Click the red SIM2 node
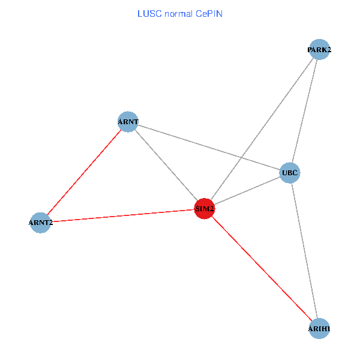(205, 209)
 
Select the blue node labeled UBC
(289, 173)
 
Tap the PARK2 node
(319, 50)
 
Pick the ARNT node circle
(128, 122)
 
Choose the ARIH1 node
(319, 329)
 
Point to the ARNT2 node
(40, 223)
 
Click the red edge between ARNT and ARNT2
(84, 172)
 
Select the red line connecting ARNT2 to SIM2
(120, 216)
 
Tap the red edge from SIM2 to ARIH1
(262, 269)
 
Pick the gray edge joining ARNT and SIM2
(166, 165)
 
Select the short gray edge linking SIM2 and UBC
(247, 191)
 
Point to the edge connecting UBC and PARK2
(304, 112)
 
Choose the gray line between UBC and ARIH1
(304, 251)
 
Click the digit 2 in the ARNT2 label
(50, 223)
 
